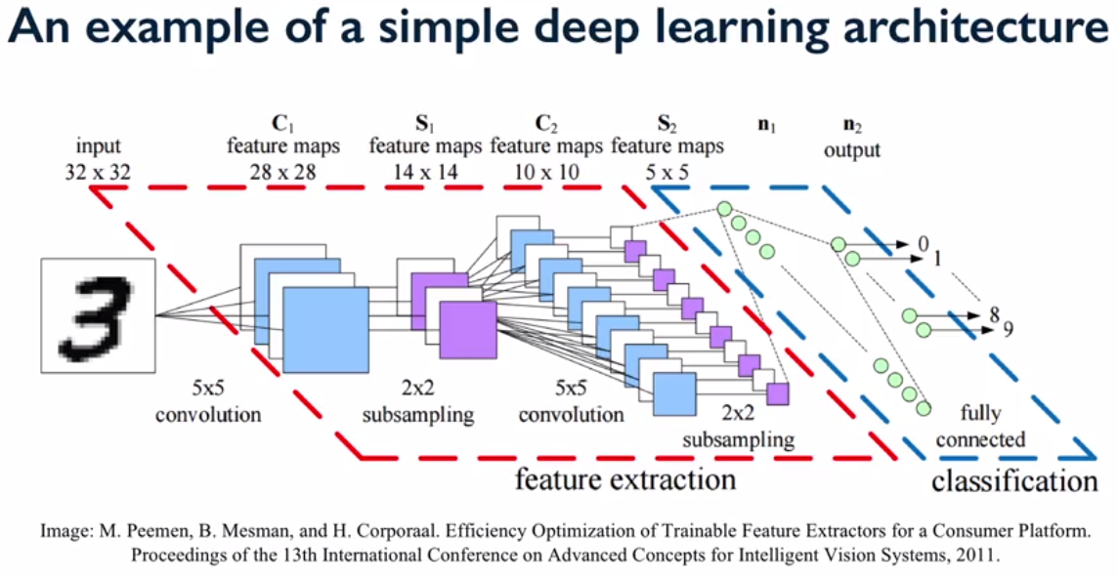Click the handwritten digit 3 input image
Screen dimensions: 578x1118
[99, 315]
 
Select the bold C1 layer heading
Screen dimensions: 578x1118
[283, 125]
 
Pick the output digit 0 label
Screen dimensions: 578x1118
[924, 243]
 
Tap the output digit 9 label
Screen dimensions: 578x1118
[1008, 329]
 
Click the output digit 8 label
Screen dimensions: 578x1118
[994, 314]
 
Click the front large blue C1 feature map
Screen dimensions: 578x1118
[325, 330]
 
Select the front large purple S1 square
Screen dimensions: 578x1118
[468, 330]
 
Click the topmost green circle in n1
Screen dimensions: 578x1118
[724, 209]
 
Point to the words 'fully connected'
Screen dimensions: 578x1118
[980, 427]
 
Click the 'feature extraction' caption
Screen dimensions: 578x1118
[624, 479]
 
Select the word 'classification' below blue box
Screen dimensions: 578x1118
[1014, 480]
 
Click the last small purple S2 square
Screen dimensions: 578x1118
[778, 393]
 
